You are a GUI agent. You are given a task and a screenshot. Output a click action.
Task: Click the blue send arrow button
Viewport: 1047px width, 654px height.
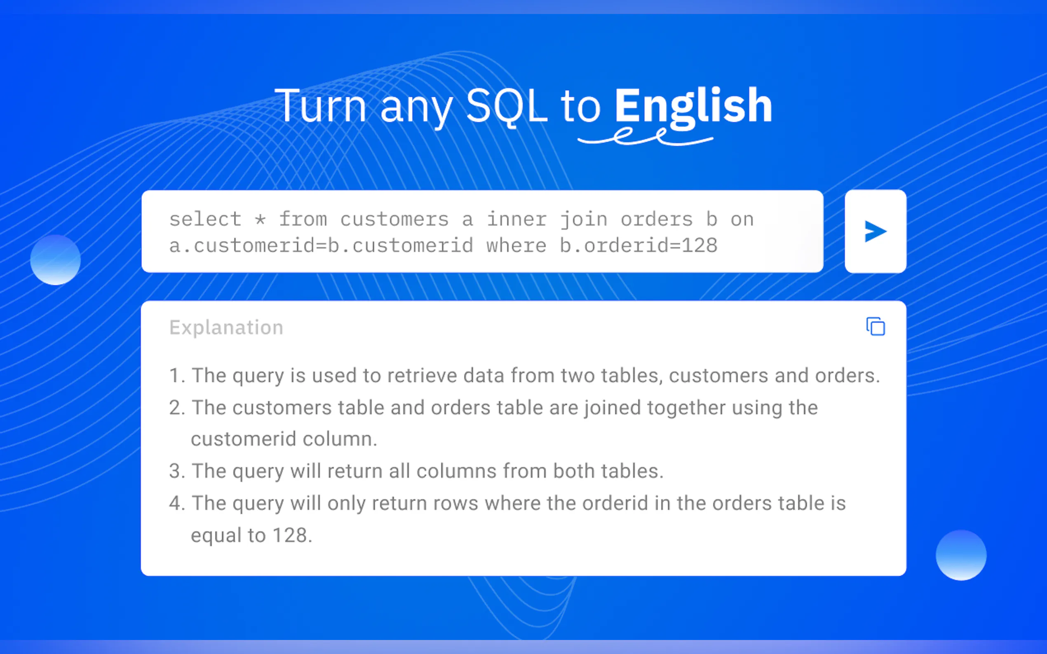(x=875, y=231)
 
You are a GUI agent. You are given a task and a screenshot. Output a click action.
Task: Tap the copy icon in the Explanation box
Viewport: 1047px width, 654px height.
(x=875, y=327)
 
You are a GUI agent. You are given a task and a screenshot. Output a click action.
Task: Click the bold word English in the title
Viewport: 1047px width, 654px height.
(x=693, y=106)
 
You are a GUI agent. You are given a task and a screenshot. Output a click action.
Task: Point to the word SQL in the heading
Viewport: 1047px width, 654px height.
(x=507, y=106)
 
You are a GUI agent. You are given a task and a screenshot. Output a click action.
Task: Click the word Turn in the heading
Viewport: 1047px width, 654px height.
(x=320, y=106)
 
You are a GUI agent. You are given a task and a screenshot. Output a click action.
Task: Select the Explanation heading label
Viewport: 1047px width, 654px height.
(x=226, y=327)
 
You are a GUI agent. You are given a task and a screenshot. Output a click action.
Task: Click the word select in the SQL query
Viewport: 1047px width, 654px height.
(x=205, y=219)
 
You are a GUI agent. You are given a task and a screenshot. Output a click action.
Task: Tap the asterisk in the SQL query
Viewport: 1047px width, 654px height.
(x=260, y=219)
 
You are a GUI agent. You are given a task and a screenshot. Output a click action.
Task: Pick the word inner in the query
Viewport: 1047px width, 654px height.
(x=517, y=219)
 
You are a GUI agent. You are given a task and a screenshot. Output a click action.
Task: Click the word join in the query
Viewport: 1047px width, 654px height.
(x=584, y=219)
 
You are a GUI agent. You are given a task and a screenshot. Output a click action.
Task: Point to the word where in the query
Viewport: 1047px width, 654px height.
(x=516, y=246)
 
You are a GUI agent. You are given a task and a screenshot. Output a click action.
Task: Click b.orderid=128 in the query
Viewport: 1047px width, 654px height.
(x=639, y=246)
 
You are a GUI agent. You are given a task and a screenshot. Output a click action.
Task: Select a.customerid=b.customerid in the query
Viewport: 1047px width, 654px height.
(x=321, y=246)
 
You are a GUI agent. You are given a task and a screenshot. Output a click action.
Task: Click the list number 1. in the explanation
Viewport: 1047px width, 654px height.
(x=177, y=376)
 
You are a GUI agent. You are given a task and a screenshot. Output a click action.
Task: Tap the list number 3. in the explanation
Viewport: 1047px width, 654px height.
(x=177, y=471)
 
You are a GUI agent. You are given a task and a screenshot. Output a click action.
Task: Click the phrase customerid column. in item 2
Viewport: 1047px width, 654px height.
(x=284, y=439)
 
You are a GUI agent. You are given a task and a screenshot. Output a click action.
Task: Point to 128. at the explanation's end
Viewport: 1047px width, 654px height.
(x=292, y=535)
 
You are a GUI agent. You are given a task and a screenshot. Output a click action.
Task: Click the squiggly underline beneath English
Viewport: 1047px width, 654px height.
(x=645, y=137)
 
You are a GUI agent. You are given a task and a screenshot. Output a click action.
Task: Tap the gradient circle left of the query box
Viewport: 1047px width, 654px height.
(x=55, y=259)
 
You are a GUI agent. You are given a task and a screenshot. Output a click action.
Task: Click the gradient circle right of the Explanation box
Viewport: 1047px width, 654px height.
(x=961, y=555)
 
